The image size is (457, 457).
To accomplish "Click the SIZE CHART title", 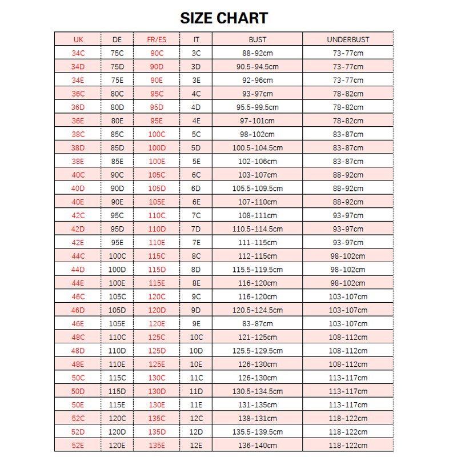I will [224, 18].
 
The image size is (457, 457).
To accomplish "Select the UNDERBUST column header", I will [348, 40].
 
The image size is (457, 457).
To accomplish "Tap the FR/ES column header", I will [156, 40].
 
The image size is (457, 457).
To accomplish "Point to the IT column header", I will [196, 40].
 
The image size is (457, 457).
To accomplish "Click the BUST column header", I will [258, 40].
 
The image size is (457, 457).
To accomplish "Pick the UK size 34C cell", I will [78, 53].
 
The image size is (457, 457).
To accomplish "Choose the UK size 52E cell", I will [78, 445].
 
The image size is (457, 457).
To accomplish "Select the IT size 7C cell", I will [196, 215].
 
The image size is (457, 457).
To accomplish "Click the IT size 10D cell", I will [196, 351].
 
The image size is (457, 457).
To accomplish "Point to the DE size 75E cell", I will [117, 81].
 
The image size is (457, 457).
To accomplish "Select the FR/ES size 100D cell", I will [156, 148].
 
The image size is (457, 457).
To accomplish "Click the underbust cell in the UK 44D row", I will [348, 270].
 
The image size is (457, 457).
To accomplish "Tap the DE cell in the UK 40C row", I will [117, 175].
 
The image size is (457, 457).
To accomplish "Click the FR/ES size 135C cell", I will [156, 418].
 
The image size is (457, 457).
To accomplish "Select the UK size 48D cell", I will [78, 351].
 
